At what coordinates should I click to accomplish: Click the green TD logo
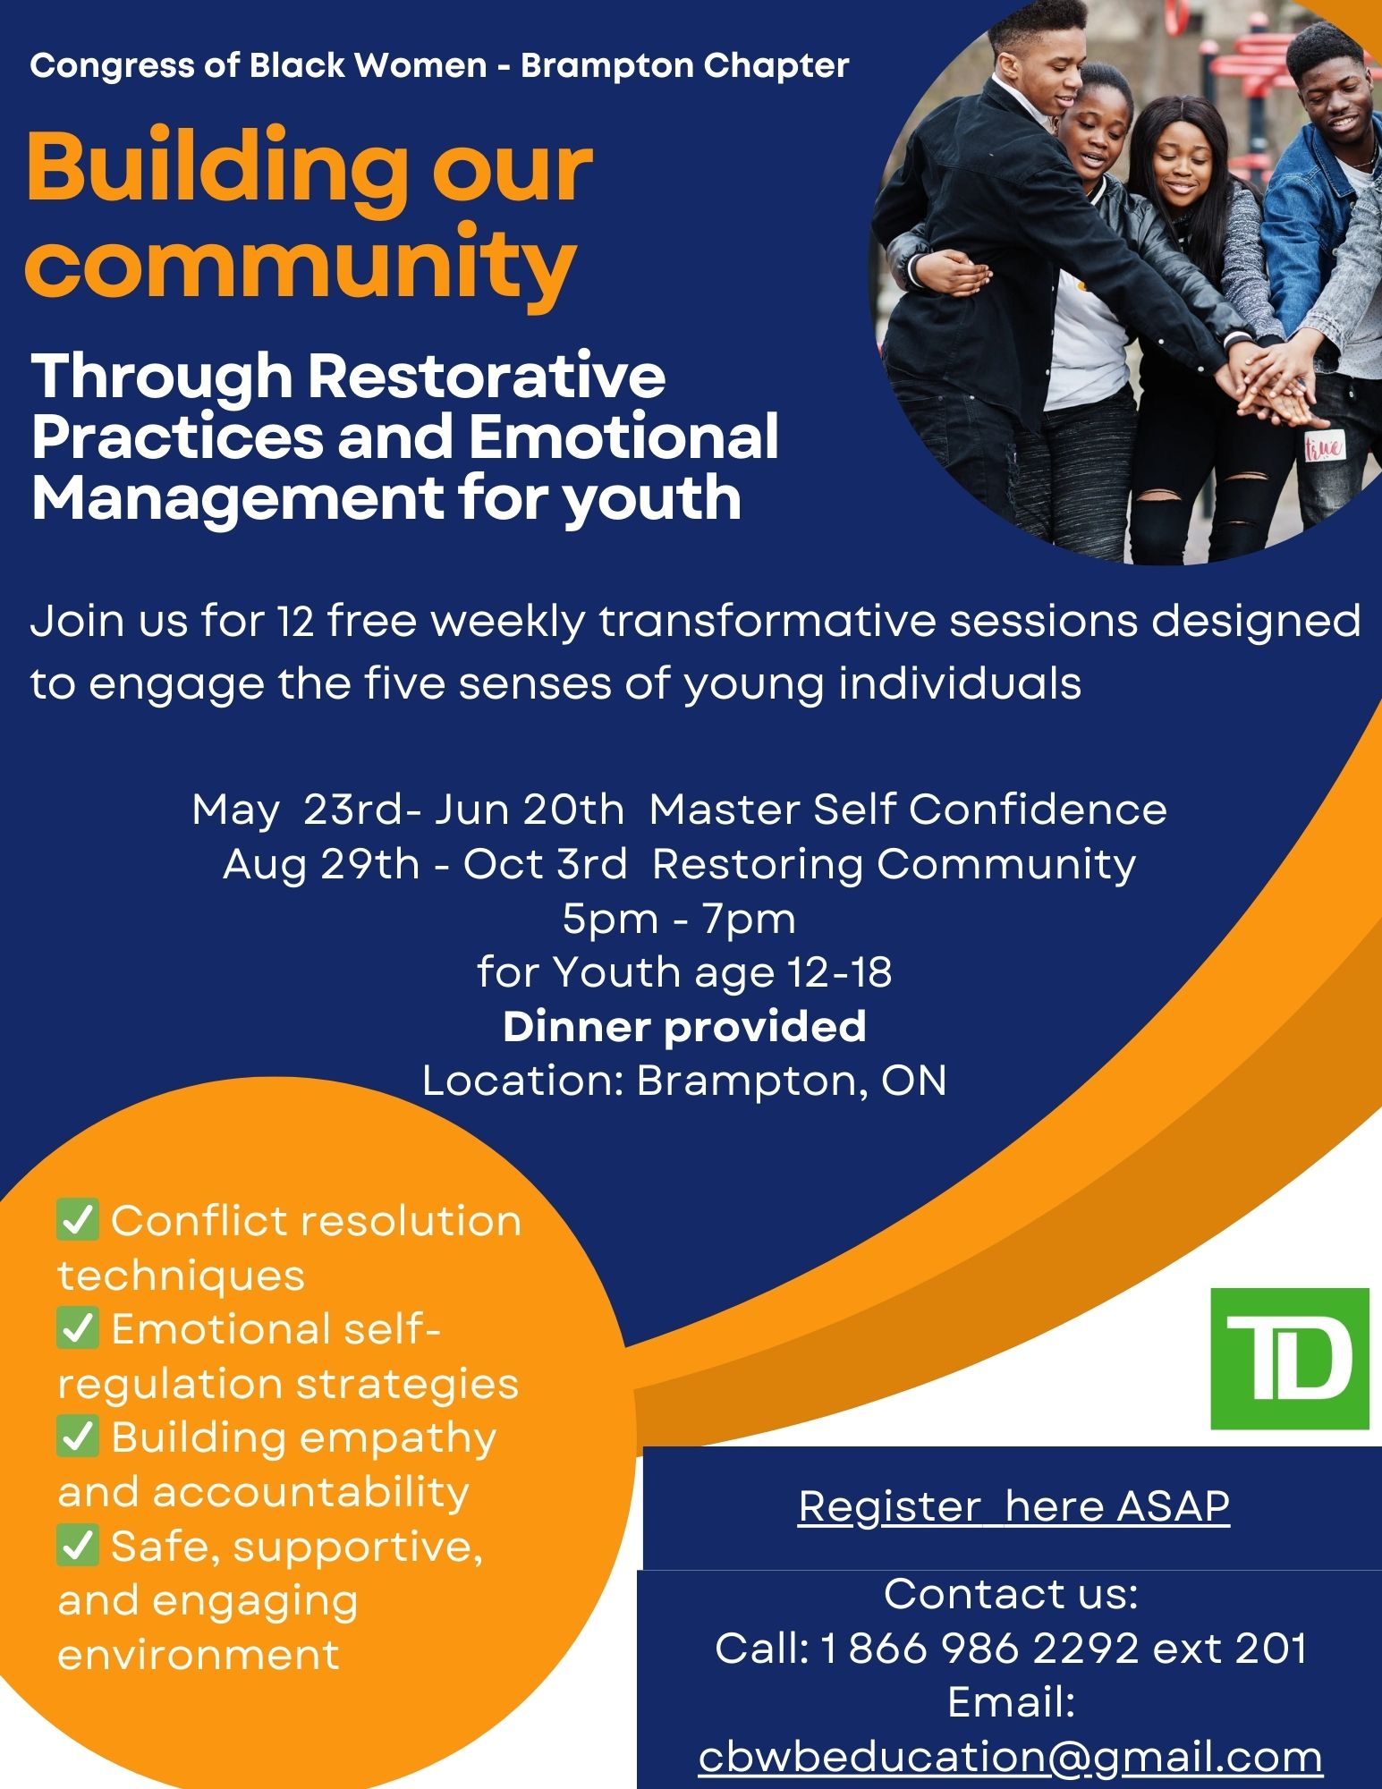point(1290,1358)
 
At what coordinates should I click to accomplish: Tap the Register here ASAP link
point(1014,1506)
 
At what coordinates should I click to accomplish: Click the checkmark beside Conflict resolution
point(78,1220)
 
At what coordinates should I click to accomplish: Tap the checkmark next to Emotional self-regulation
point(78,1328)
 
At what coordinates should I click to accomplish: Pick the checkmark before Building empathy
point(78,1437)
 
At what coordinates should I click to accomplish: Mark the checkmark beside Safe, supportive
point(78,1546)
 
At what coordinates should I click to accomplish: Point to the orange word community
point(301,263)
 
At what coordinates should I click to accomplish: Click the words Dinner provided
point(684,1027)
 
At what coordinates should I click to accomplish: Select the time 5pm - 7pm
point(679,920)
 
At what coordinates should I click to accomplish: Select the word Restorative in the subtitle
point(488,377)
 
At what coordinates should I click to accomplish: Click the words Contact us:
point(1011,1594)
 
